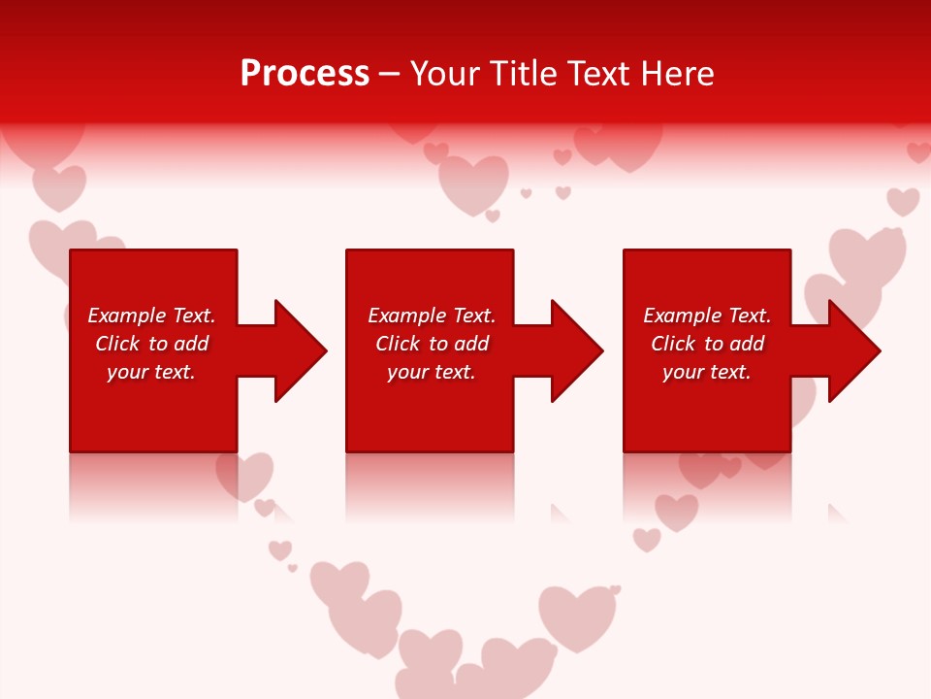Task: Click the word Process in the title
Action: (305, 74)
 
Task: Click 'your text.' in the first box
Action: (151, 372)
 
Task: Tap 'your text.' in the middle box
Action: (432, 372)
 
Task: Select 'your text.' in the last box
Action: (707, 372)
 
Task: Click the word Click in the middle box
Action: (398, 344)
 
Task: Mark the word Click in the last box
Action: (673, 344)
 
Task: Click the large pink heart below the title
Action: (473, 183)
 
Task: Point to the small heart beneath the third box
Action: (676, 511)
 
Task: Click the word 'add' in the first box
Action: (191, 344)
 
